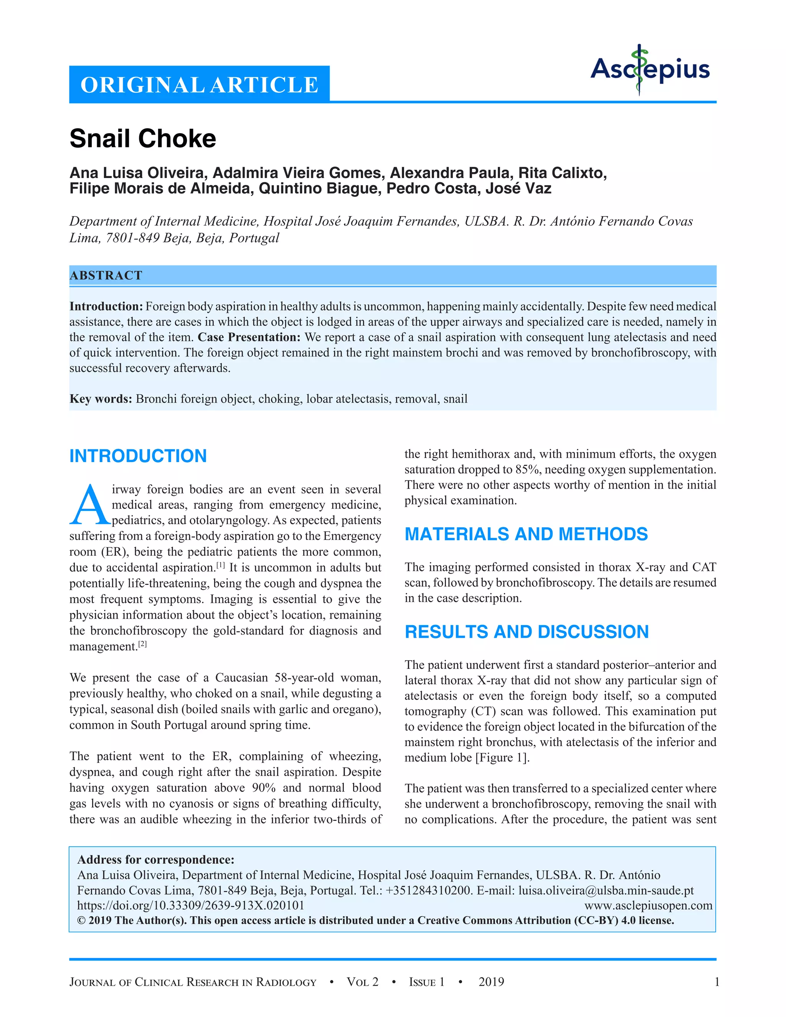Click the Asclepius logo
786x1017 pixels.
(x=650, y=70)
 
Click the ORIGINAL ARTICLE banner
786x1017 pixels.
(x=199, y=85)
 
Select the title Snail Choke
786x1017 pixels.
(x=142, y=139)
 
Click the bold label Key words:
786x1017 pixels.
(x=101, y=399)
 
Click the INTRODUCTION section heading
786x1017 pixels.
(x=138, y=456)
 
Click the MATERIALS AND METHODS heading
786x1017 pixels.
(x=526, y=534)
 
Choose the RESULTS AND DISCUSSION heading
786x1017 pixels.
(x=526, y=632)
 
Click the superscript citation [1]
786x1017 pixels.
(x=221, y=565)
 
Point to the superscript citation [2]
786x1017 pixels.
(x=142, y=644)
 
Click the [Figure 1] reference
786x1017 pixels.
(x=502, y=758)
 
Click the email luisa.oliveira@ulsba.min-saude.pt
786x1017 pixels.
(x=606, y=890)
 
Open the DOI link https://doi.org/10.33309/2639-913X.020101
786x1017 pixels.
(x=190, y=905)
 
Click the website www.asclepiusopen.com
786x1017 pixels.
(x=648, y=905)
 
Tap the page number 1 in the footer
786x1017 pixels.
(x=717, y=982)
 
